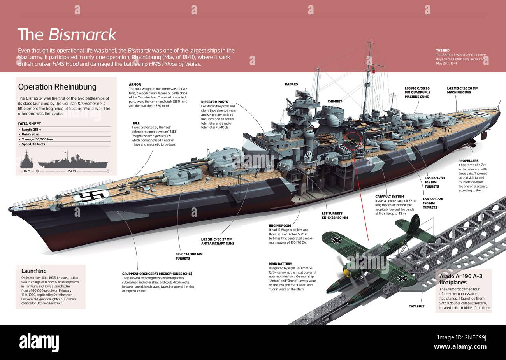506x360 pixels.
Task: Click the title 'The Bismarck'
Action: click(x=67, y=35)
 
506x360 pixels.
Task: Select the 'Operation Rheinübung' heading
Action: click(x=57, y=87)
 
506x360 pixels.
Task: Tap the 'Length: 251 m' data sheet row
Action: click(x=32, y=130)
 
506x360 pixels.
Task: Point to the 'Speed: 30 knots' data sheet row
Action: click(x=33, y=144)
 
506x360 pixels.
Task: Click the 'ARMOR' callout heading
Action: click(x=135, y=84)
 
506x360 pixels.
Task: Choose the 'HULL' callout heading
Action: click(x=135, y=123)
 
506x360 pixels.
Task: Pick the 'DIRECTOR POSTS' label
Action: click(x=214, y=102)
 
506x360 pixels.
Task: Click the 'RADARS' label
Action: click(x=291, y=84)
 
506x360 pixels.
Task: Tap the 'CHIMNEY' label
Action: click(x=335, y=102)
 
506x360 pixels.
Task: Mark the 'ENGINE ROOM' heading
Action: click(x=279, y=225)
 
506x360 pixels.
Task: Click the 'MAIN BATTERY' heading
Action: click(x=280, y=263)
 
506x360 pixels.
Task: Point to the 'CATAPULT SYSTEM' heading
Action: click(x=390, y=197)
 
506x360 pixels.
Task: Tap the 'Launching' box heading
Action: click(x=34, y=271)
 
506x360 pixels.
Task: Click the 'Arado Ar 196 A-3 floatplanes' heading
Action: click(x=461, y=279)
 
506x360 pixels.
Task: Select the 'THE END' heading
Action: click(x=443, y=51)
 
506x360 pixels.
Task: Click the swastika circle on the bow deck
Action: click(x=92, y=195)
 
